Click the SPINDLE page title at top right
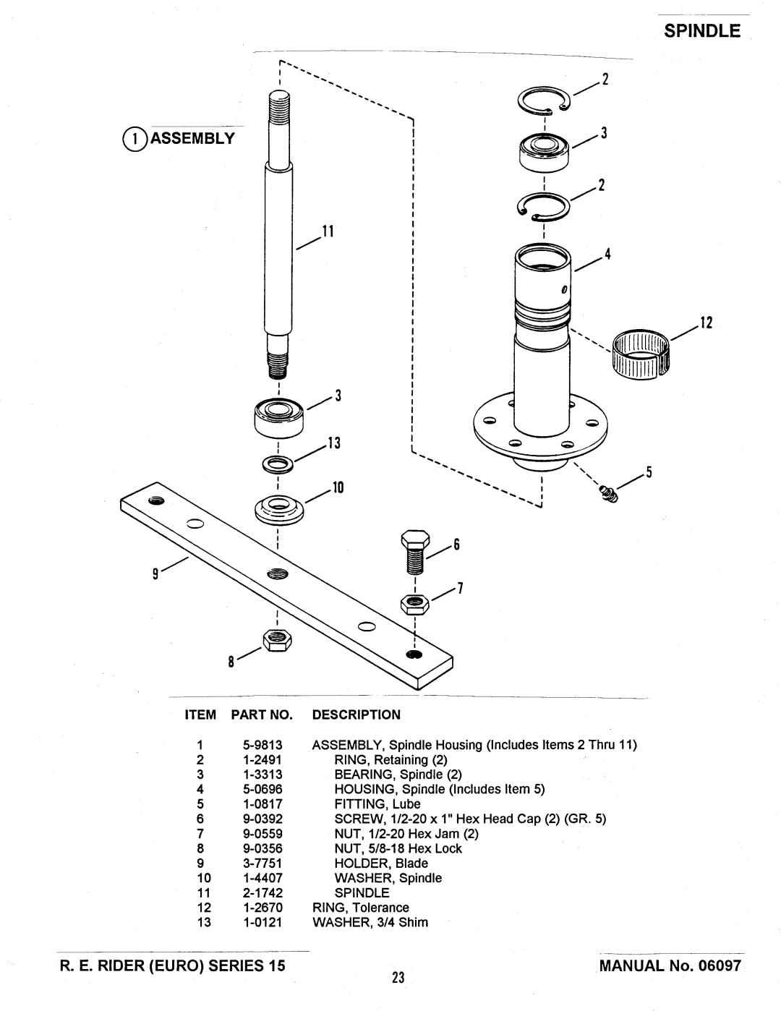702,31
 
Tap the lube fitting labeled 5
608,494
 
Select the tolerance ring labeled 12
641,354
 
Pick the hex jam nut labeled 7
415,605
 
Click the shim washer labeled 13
278,465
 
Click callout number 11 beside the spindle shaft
328,231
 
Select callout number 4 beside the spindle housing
607,254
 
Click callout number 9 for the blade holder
155,575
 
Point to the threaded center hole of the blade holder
278,574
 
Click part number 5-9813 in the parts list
263,745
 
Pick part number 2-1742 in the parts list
263,893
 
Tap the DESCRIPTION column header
357,714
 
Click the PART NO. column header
262,714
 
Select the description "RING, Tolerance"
361,908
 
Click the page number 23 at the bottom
398,978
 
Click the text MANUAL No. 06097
670,965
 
